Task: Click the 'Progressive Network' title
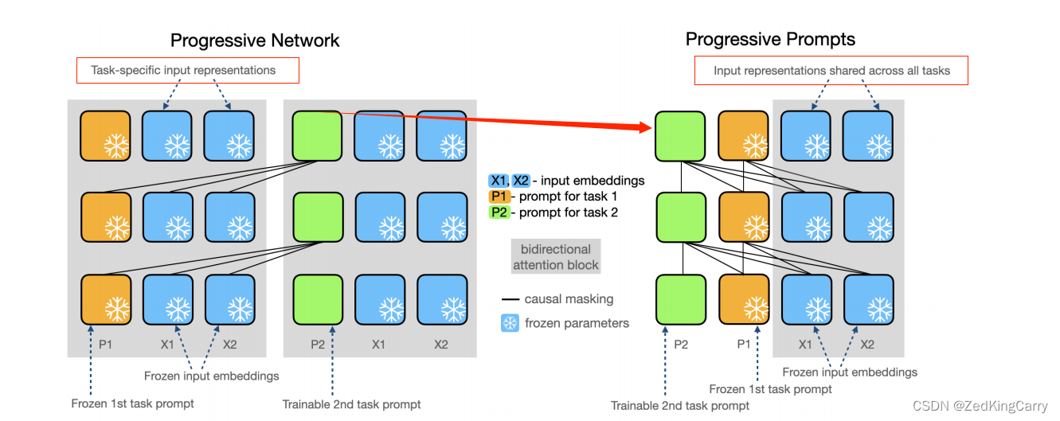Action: click(255, 41)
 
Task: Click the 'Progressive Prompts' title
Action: click(770, 39)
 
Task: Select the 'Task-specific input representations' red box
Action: click(187, 70)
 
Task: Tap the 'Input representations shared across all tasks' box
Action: click(831, 71)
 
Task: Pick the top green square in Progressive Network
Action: click(318, 136)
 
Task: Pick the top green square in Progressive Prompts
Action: click(679, 136)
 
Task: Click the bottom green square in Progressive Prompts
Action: click(679, 299)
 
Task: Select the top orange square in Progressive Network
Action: click(105, 136)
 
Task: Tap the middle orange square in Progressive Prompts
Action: click(743, 217)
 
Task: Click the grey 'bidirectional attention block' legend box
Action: click(556, 257)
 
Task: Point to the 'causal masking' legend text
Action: click(569, 299)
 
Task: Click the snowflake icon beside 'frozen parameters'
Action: click(509, 323)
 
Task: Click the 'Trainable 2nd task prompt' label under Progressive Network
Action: click(351, 404)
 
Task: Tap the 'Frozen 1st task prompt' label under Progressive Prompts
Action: click(770, 389)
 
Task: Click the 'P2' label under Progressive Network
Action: click(317, 345)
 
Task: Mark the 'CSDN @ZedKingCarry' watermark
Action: click(980, 406)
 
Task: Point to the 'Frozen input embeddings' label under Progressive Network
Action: click(211, 376)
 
